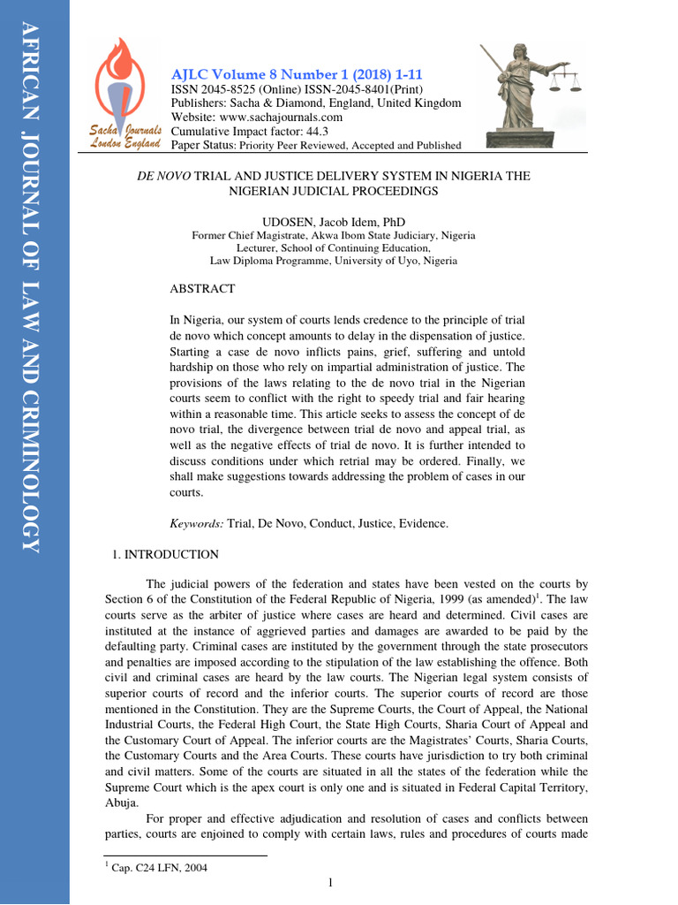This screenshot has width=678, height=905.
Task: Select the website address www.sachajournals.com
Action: coord(281,117)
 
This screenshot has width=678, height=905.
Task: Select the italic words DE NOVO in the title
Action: coord(163,176)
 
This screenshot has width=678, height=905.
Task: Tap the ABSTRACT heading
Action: coord(202,289)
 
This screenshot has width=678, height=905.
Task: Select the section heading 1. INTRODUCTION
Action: coord(165,554)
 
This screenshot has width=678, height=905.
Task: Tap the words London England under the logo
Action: coord(124,144)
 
